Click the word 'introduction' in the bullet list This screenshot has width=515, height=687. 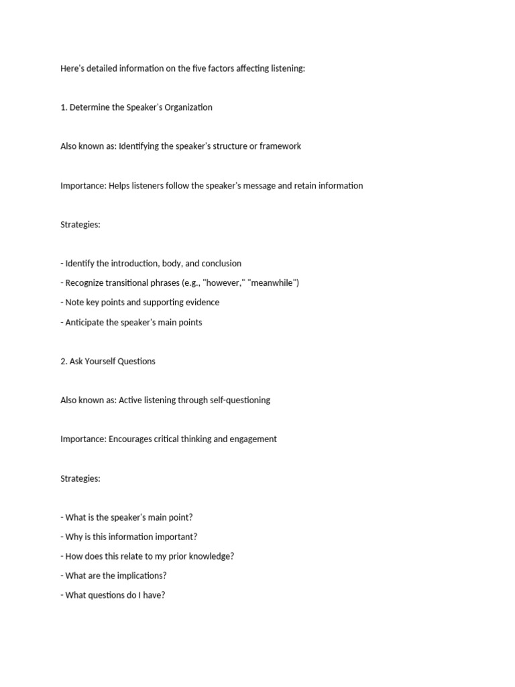127,264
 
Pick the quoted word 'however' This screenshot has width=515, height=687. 225,283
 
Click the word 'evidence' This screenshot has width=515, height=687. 201,303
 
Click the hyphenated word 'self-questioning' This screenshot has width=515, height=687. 237,400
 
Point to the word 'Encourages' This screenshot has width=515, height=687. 131,439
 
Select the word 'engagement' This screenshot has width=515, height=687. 252,439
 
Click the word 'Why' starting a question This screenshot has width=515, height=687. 74,537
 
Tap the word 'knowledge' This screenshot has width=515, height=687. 210,556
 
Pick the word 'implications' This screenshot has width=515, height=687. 141,576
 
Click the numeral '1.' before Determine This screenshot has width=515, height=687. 64,107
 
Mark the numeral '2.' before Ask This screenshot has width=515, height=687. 64,361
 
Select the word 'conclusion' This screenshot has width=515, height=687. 221,264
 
